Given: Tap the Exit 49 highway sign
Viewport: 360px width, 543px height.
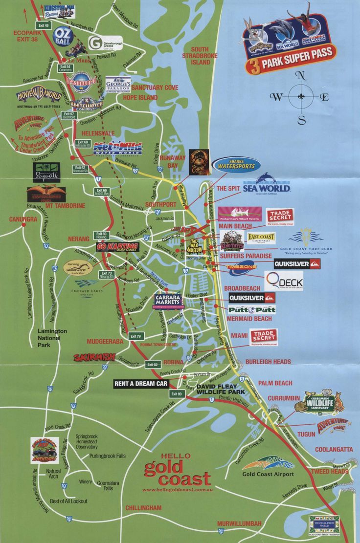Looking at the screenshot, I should (x=44, y=25).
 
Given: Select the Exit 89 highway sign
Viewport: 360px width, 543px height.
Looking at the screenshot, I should (x=176, y=394).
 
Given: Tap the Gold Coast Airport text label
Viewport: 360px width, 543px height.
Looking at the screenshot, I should (x=268, y=474).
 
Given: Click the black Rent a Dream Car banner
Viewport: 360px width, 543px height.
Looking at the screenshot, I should (x=141, y=384).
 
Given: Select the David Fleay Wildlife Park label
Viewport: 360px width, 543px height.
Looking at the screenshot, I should (x=220, y=389).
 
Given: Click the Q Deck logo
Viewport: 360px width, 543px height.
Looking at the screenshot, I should (x=284, y=281).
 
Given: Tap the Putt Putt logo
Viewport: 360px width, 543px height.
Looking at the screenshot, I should (x=252, y=310).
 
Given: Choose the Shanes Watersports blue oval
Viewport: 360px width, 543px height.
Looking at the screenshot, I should (x=236, y=165).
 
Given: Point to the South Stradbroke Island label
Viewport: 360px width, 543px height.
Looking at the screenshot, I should (x=200, y=56).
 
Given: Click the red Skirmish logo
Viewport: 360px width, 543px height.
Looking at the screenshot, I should (x=94, y=357).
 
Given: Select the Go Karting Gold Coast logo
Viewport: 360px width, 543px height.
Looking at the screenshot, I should (x=117, y=247).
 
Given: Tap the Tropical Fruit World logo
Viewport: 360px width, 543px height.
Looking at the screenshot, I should (x=325, y=525).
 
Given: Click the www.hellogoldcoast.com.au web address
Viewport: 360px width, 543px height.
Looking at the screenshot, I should (x=177, y=489).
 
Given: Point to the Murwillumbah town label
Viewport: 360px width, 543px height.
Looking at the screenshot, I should (x=239, y=523).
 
